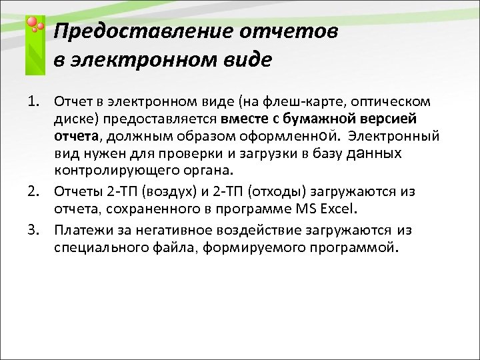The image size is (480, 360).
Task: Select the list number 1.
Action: tap(34, 101)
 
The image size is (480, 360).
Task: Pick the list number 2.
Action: tap(34, 192)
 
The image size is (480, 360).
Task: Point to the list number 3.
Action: tap(34, 231)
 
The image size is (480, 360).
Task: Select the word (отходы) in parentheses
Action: tap(275, 193)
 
